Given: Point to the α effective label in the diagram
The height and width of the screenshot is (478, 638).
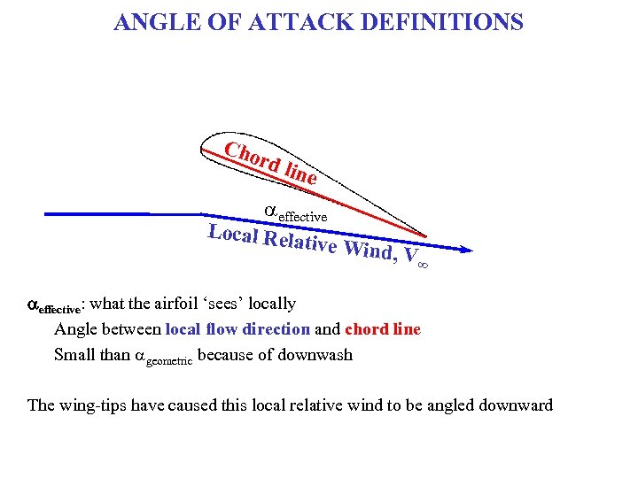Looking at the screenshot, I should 296,212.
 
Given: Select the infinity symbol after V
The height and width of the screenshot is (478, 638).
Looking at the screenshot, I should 422,263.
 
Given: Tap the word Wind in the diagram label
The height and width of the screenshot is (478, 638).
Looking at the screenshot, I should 368,250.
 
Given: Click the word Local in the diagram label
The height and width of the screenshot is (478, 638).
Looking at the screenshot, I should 232,234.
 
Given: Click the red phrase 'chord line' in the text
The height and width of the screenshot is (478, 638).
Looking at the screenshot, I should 383,329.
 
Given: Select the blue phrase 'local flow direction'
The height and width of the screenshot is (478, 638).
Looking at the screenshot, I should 236,329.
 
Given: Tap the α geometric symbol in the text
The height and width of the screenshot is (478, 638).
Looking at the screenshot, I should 163,358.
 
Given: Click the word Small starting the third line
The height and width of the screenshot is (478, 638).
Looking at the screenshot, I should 74,355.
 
